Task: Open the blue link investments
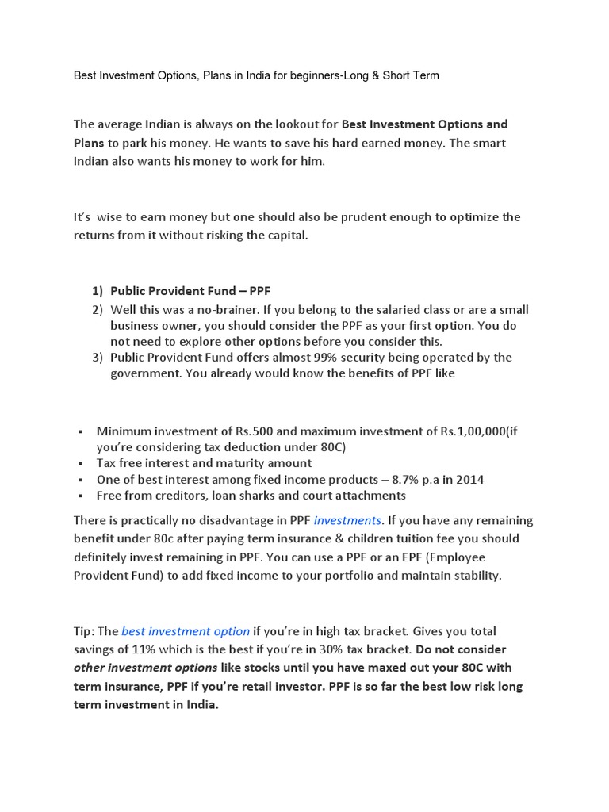click(x=348, y=521)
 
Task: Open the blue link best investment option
click(x=186, y=631)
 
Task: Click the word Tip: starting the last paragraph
click(x=84, y=631)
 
